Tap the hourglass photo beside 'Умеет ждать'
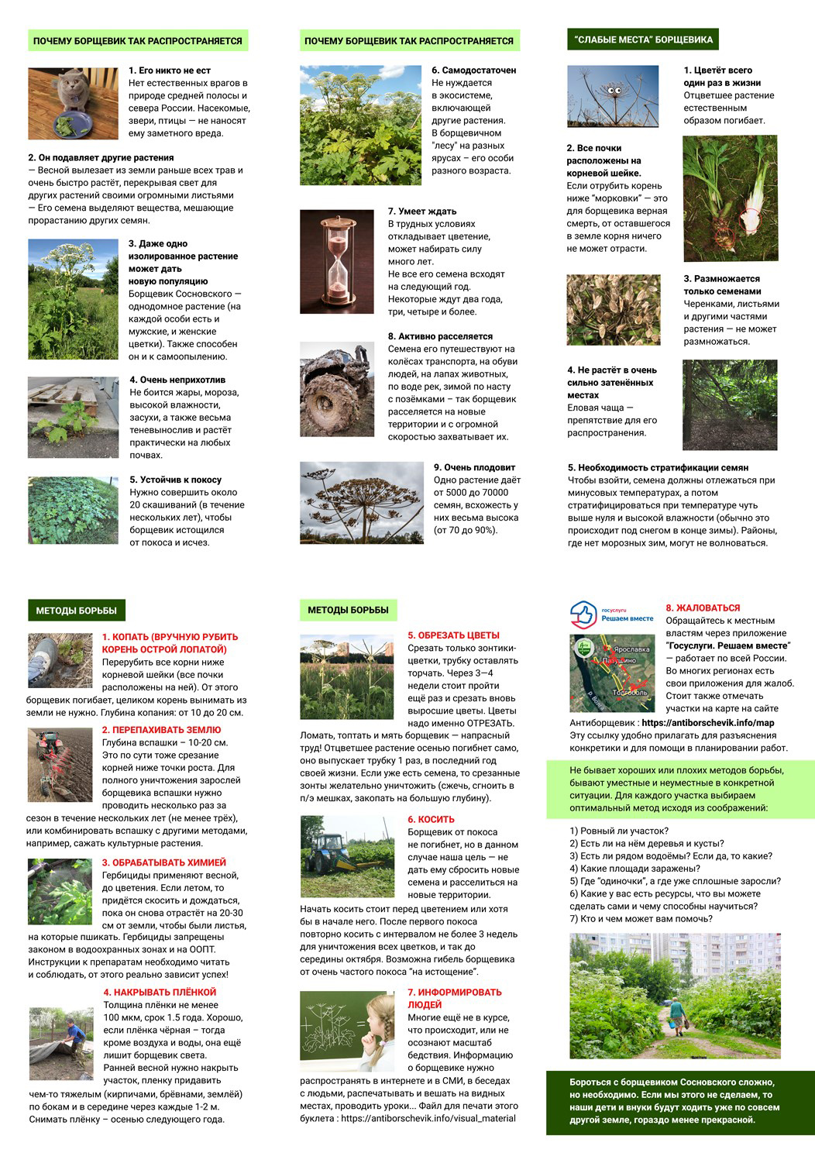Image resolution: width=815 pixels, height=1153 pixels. pyautogui.click(x=337, y=261)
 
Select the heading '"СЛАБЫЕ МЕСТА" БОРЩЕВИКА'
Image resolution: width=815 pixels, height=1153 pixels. pyautogui.click(x=643, y=40)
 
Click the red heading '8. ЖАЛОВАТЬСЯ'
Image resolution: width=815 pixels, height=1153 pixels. pyautogui.click(x=703, y=608)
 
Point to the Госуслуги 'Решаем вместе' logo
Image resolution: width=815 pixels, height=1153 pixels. pyautogui.click(x=611, y=614)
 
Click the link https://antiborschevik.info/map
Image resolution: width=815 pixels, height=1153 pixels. pyautogui.click(x=707, y=723)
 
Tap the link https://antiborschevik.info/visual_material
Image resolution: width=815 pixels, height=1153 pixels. pyautogui.click(x=428, y=1118)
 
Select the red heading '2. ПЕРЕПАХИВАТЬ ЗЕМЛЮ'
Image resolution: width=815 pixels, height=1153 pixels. pyautogui.click(x=161, y=730)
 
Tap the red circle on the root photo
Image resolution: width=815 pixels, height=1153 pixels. pyautogui.click(x=751, y=221)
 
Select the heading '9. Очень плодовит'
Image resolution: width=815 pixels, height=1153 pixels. pyautogui.click(x=474, y=467)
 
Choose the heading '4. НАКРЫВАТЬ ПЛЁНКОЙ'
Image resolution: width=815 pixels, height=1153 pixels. pyautogui.click(x=160, y=993)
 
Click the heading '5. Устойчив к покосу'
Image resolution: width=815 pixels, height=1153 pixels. pyautogui.click(x=175, y=480)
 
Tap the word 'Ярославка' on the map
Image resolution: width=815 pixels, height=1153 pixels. pyautogui.click(x=631, y=649)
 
